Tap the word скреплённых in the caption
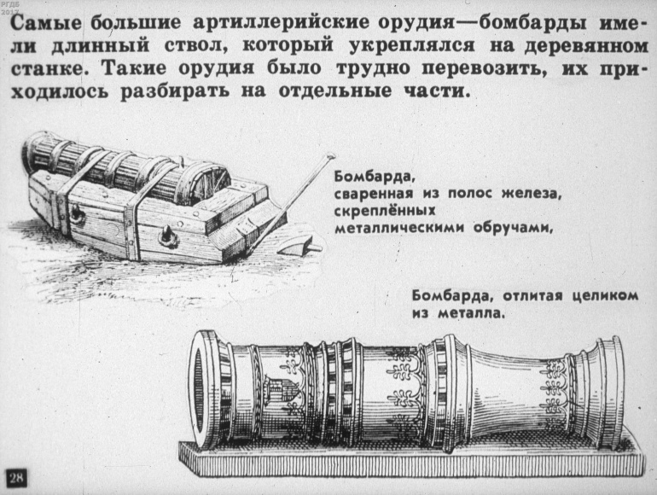click(386, 210)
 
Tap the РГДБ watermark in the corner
click(11, 7)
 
